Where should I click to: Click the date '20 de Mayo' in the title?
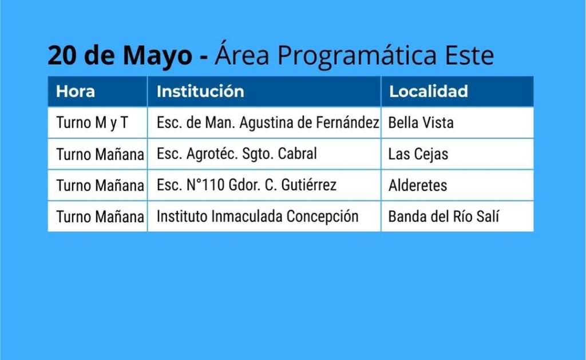(120, 56)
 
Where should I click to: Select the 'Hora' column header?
(76, 91)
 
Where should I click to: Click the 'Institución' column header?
(200, 91)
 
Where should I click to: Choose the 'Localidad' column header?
(428, 91)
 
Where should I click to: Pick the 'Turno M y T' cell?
(92, 122)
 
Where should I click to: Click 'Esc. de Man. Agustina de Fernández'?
(268, 122)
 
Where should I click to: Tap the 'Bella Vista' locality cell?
(421, 122)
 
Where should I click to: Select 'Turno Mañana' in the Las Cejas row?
(100, 154)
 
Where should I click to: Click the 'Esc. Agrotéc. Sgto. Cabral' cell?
(236, 154)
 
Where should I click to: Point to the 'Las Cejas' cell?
(418, 155)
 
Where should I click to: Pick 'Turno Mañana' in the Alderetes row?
(100, 185)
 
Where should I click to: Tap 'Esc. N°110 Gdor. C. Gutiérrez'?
(247, 185)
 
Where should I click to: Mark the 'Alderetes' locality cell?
(418, 185)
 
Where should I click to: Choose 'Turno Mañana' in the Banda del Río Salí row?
(100, 217)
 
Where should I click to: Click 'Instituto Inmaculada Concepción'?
(258, 217)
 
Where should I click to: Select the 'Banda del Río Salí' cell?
(444, 216)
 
